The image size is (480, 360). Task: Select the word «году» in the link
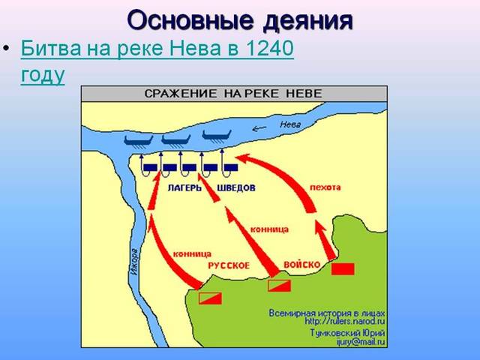[x=43, y=75]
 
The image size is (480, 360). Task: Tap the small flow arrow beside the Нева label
[x=260, y=128]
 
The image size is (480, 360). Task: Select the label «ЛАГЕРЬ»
[x=183, y=187]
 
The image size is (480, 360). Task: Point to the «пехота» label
[x=324, y=186]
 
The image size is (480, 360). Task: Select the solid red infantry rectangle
[x=343, y=268]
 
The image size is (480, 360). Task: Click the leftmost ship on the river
[x=139, y=139]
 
